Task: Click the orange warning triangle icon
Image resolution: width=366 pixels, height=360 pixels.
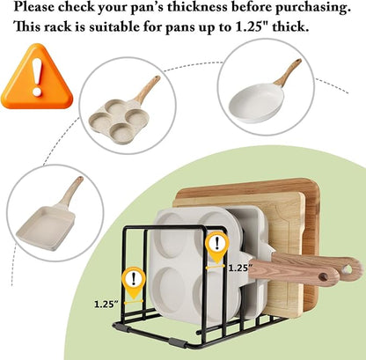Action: click(37, 77)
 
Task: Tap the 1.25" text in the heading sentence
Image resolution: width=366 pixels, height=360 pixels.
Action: click(253, 27)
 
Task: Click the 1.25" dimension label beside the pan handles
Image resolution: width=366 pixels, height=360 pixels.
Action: click(240, 268)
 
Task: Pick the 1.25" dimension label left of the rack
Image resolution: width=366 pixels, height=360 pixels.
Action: click(106, 304)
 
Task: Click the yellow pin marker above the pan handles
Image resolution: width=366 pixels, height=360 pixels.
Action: click(216, 246)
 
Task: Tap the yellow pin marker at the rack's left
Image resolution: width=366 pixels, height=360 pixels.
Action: click(134, 282)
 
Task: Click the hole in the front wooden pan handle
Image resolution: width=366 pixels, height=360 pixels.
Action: click(323, 277)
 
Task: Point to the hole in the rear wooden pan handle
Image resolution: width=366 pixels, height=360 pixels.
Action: click(348, 268)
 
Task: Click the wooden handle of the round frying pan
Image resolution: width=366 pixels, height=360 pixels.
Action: click(289, 71)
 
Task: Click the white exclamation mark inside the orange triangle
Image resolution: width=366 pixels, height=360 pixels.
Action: click(37, 77)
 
